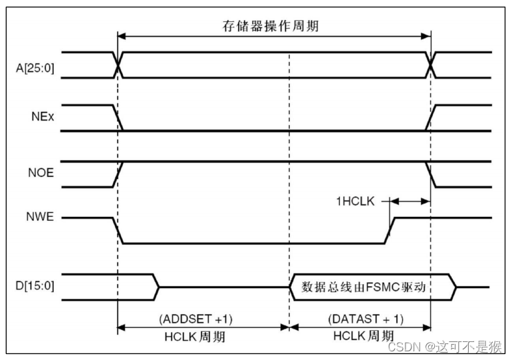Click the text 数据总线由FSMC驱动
[363, 287]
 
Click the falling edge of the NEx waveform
[118, 118]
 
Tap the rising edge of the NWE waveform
[390, 230]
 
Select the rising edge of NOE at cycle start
[118, 174]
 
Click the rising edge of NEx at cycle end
[431, 118]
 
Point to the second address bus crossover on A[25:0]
[431, 65]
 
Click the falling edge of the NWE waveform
[118, 230]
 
